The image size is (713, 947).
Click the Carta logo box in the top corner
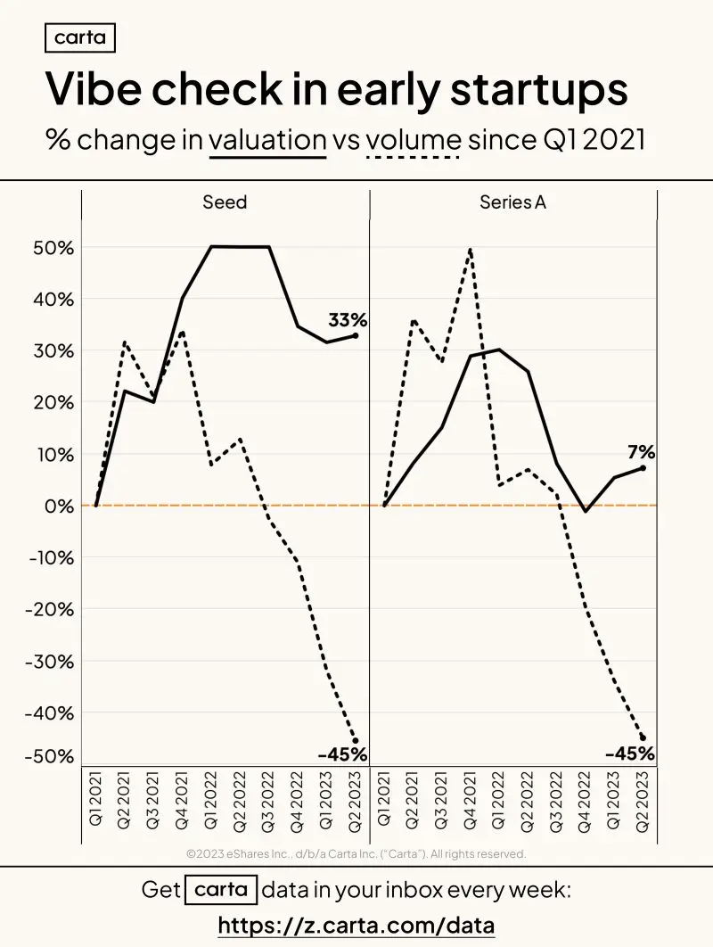click(79, 38)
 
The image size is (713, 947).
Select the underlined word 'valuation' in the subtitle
click(267, 140)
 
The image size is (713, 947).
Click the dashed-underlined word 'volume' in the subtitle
click(414, 140)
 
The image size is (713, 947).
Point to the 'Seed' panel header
click(225, 202)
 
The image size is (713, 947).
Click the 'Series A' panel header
click(512, 202)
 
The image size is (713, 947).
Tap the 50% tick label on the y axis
click(53, 248)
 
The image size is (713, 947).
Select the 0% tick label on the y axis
click(59, 506)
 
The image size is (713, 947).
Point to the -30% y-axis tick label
click(50, 662)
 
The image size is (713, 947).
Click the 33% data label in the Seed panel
click(348, 319)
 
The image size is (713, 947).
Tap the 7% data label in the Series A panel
click(641, 452)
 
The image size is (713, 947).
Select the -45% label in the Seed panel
click(342, 754)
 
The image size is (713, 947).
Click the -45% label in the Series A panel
click(630, 753)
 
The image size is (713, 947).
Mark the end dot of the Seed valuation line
click(355, 335)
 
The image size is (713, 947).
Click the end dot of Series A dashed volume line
click(643, 737)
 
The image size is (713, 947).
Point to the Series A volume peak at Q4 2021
click(471, 248)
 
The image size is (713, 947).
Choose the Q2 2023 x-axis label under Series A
click(642, 801)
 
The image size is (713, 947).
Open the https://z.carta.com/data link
click(356, 925)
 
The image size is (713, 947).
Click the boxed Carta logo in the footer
click(221, 890)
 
